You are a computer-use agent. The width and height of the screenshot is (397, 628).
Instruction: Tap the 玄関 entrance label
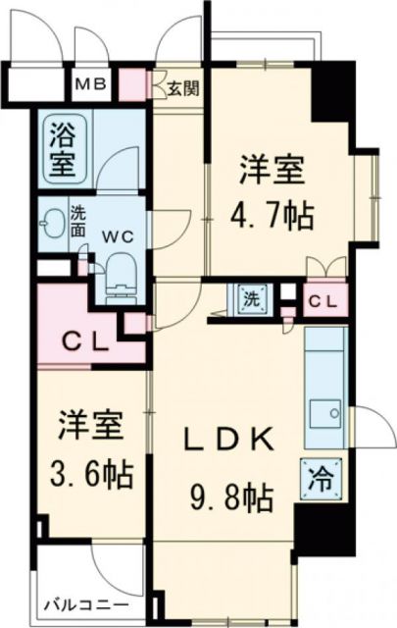pos(183,88)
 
